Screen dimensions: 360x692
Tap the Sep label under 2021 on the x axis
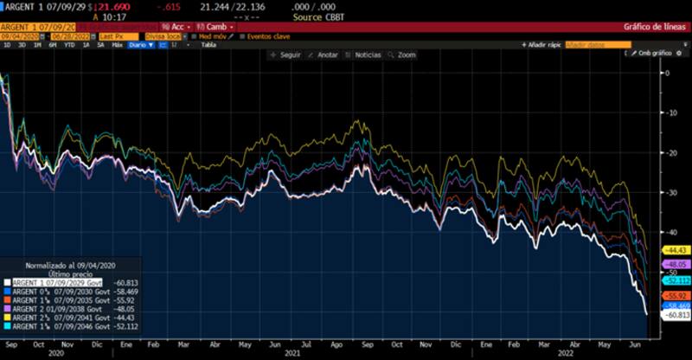pos(368,343)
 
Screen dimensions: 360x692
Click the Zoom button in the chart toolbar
pos(402,55)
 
